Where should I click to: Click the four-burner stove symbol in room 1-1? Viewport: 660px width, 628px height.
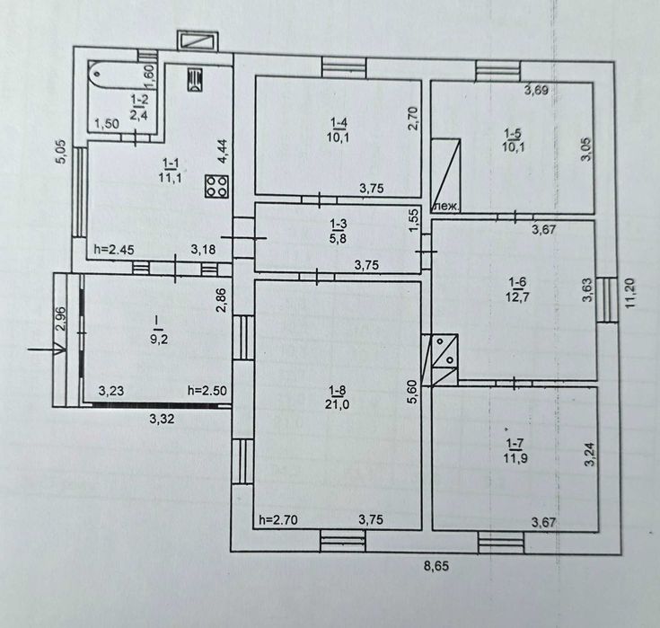click(x=216, y=186)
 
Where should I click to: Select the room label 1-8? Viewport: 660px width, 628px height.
click(x=338, y=392)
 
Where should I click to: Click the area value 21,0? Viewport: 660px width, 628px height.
click(x=337, y=405)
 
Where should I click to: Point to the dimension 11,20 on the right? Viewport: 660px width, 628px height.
click(x=630, y=293)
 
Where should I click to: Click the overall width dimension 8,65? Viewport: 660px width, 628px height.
click(x=436, y=566)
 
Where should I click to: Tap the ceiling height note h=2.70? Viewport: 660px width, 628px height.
click(x=278, y=520)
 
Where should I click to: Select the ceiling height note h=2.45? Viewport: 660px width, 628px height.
click(x=114, y=250)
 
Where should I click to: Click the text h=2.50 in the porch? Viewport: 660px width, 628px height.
click(x=207, y=391)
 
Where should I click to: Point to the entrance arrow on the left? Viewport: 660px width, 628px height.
click(x=47, y=349)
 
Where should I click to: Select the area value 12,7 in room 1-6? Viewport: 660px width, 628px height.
click(x=518, y=296)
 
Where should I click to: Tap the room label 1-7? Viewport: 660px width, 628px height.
click(x=515, y=444)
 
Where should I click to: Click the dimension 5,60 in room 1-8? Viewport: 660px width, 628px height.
click(x=412, y=392)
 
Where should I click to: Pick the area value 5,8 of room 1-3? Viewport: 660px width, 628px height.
click(x=339, y=237)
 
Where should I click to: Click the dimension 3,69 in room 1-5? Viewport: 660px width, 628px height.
click(x=536, y=90)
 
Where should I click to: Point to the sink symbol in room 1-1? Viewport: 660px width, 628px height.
click(x=195, y=79)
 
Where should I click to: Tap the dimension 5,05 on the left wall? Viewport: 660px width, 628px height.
click(x=61, y=151)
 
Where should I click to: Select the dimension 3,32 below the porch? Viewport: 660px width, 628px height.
click(x=162, y=419)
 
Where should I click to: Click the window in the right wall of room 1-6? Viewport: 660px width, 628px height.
click(x=606, y=299)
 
